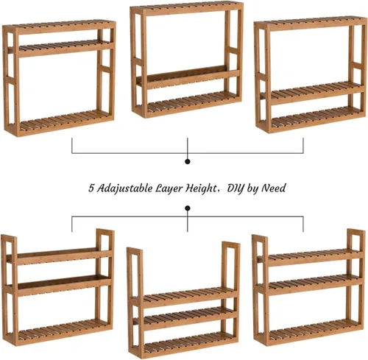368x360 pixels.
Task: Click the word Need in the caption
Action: (272, 188)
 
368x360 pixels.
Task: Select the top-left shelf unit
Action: (59, 77)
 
